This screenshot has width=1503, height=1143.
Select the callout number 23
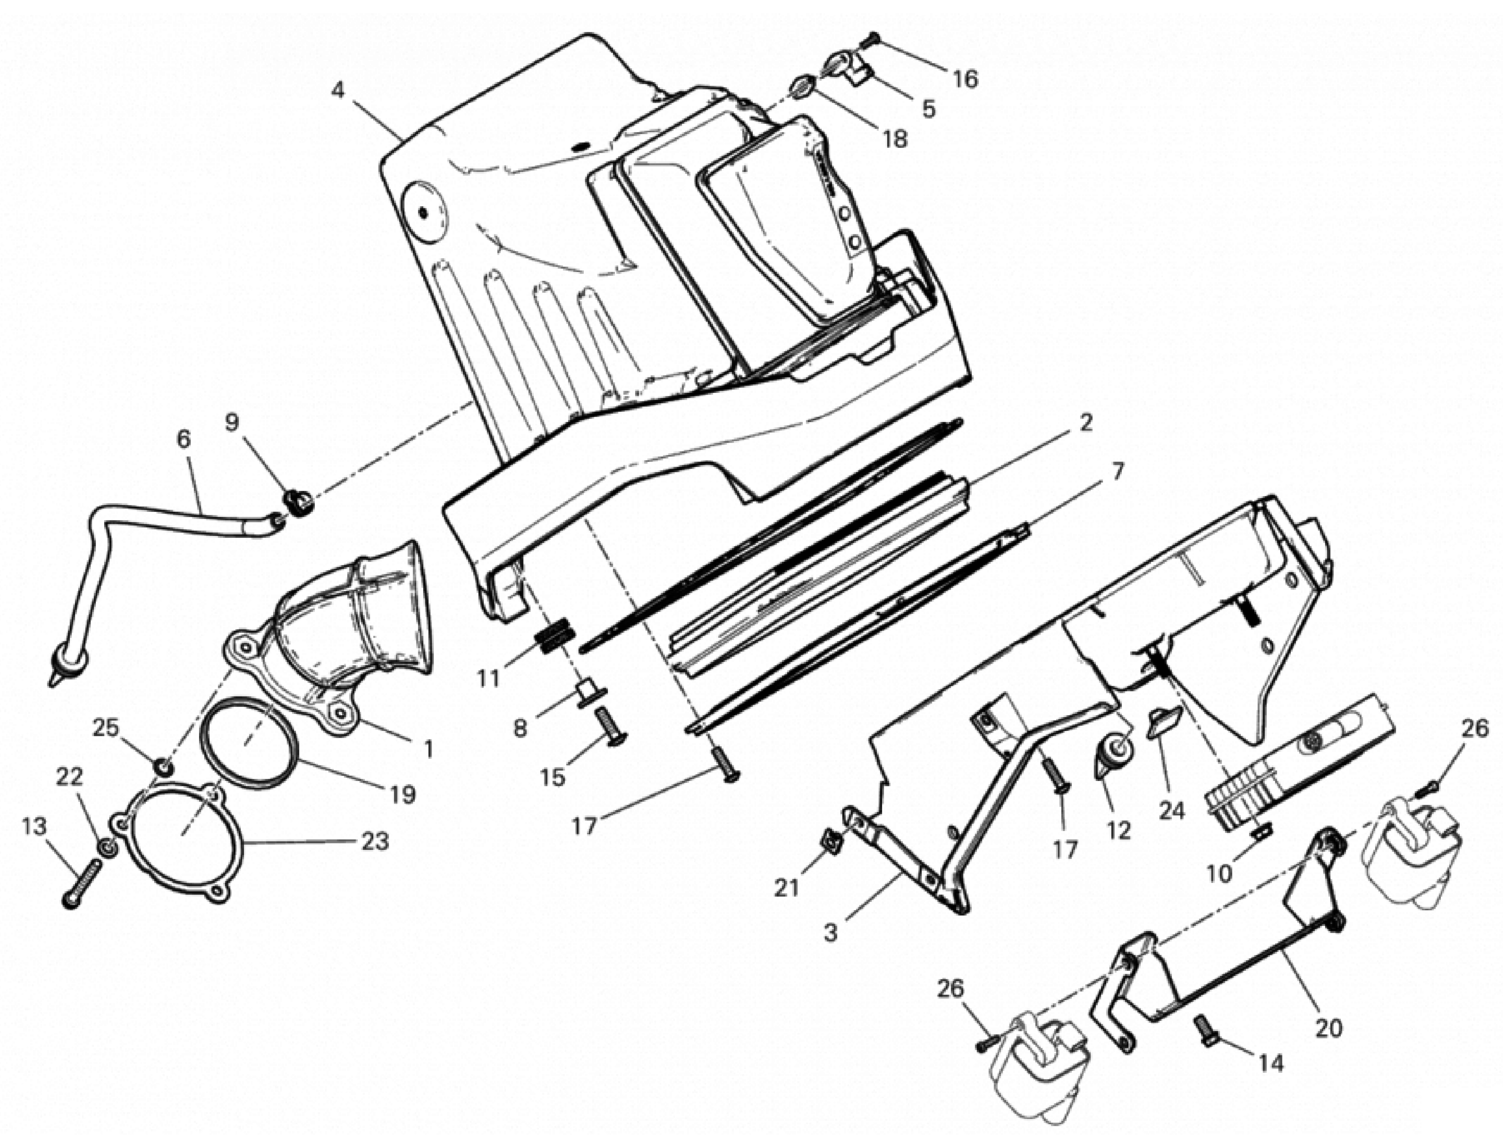pos(375,842)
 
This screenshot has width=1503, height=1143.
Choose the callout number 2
pos(1086,423)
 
